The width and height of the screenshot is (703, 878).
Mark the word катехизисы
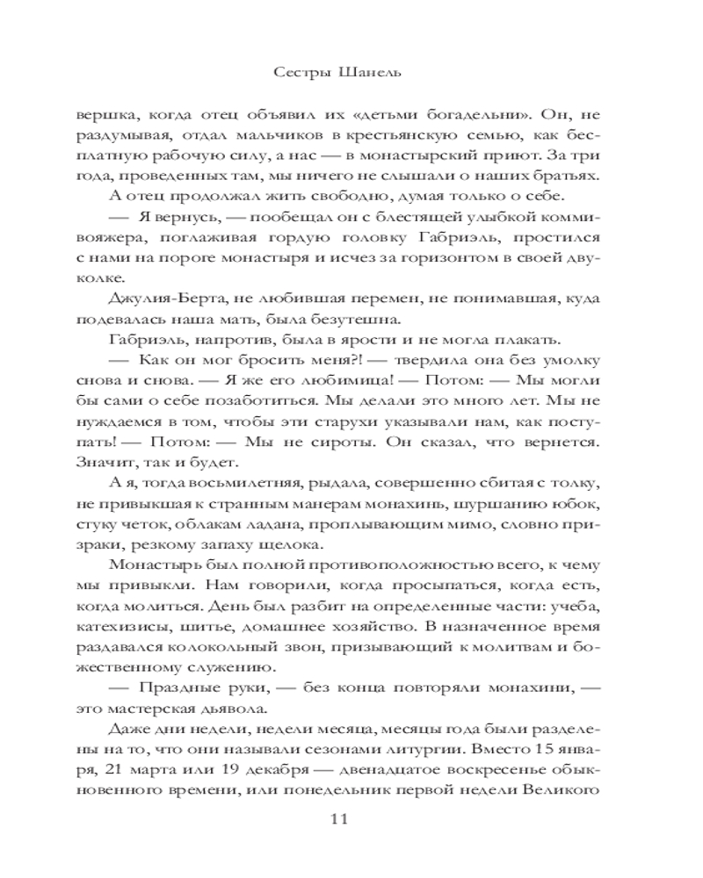(x=161, y=629)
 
